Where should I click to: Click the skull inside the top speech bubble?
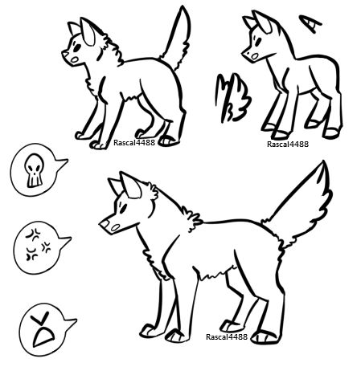pyautogui.click(x=34, y=170)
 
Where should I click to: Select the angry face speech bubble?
pyautogui.click(x=46, y=329)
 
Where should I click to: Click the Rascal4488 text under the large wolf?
pyautogui.click(x=227, y=336)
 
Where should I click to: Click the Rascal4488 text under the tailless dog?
pyautogui.click(x=288, y=144)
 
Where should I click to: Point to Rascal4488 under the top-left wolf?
pyautogui.click(x=134, y=143)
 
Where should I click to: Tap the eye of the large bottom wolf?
pyautogui.click(x=123, y=209)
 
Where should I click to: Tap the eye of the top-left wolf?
pyautogui.click(x=77, y=48)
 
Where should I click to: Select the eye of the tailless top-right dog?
pyautogui.click(x=259, y=41)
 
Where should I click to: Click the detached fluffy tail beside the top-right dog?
pyautogui.click(x=232, y=98)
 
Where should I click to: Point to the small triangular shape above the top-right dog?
pyautogui.click(x=310, y=23)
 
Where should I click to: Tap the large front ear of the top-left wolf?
pyautogui.click(x=88, y=31)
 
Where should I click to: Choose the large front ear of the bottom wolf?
pyautogui.click(x=130, y=185)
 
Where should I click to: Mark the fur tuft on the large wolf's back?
pyautogui.click(x=192, y=219)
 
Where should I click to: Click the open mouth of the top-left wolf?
pyautogui.click(x=75, y=59)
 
